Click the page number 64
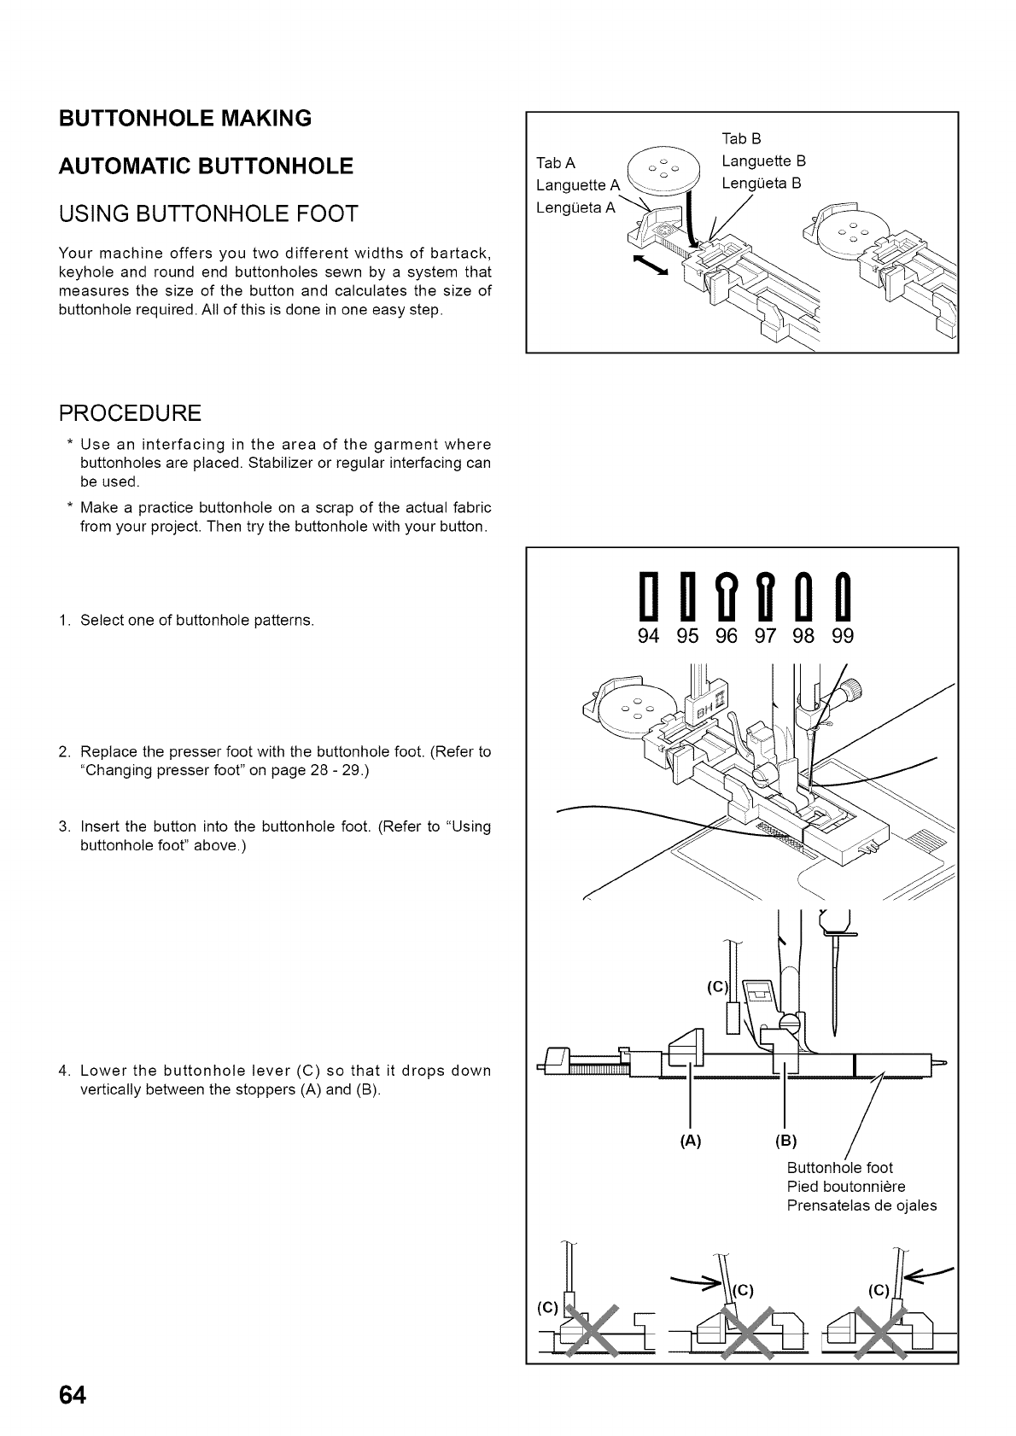(x=72, y=1395)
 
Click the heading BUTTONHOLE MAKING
(x=185, y=118)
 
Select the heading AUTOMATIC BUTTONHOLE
(x=206, y=166)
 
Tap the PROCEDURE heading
(x=130, y=414)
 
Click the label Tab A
(x=555, y=163)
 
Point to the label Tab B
(x=741, y=138)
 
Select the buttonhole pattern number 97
(x=765, y=636)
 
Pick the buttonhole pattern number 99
(x=842, y=636)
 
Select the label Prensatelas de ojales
(x=861, y=1205)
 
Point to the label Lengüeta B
(x=761, y=183)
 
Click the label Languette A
(x=572, y=185)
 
